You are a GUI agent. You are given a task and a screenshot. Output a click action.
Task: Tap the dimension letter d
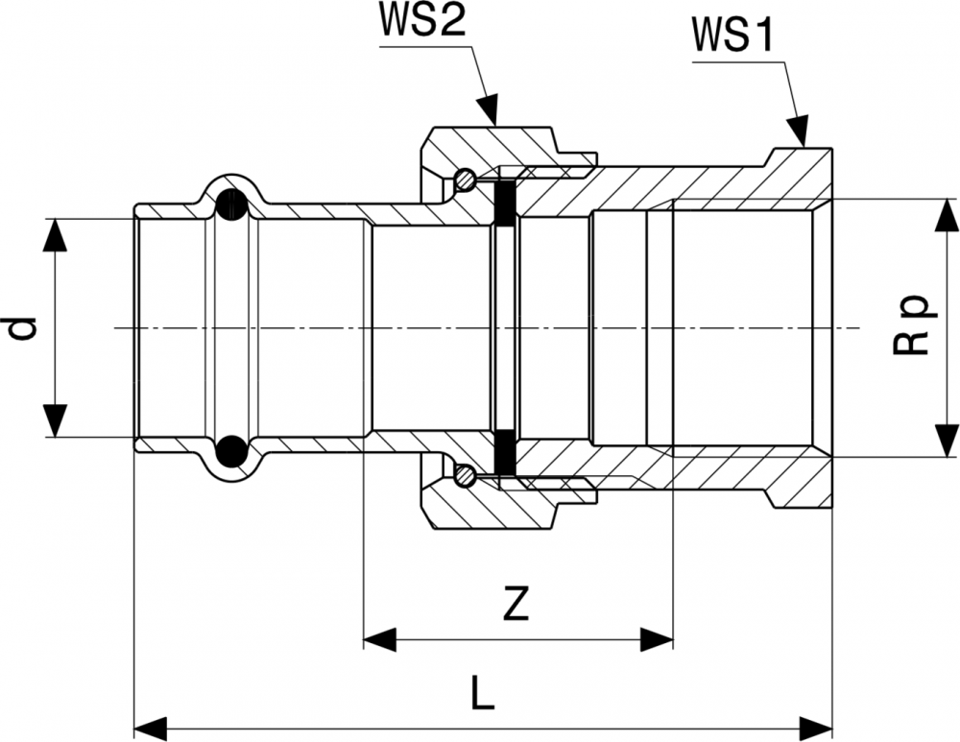click(x=22, y=328)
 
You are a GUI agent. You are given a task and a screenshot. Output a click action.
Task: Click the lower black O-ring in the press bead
click(x=232, y=451)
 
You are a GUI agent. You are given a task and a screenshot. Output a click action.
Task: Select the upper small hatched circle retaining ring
click(x=465, y=179)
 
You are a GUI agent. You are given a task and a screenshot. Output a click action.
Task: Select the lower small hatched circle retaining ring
click(x=465, y=475)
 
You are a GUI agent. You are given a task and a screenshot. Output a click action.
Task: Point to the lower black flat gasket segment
click(x=503, y=455)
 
